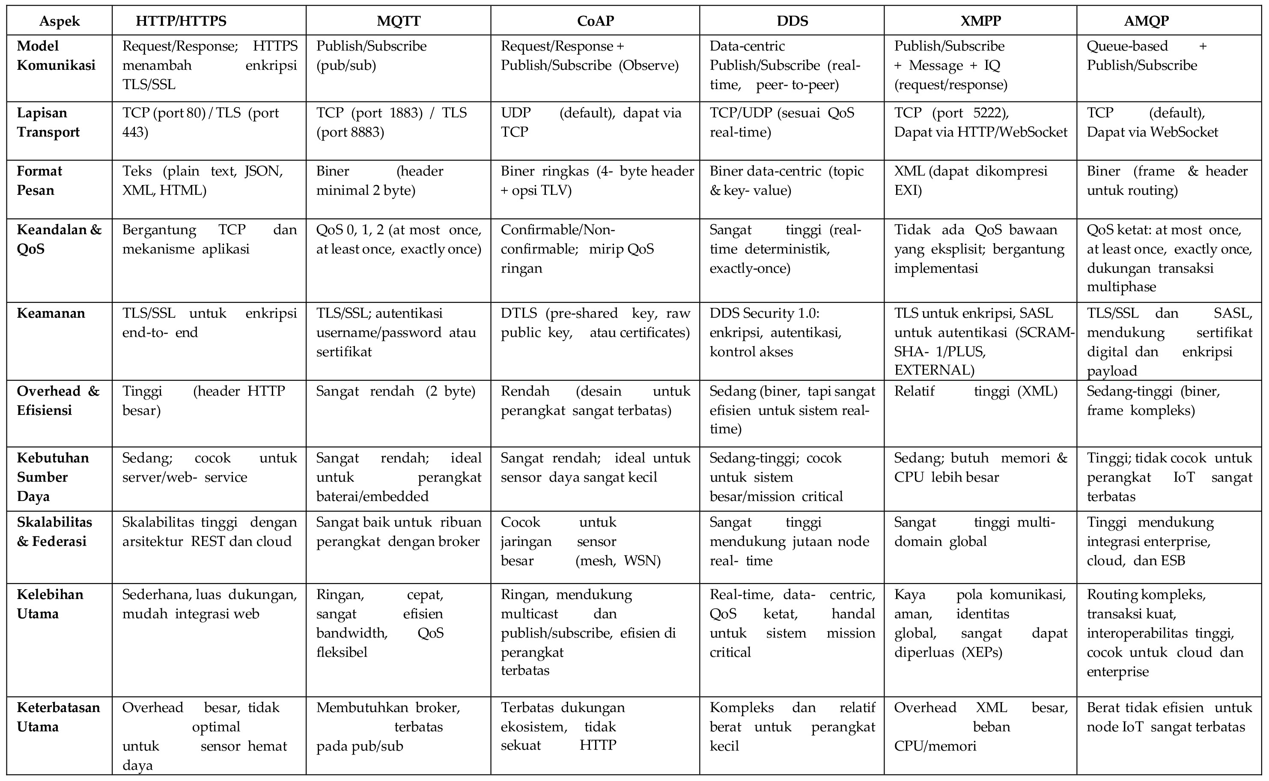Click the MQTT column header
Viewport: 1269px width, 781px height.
[x=398, y=21]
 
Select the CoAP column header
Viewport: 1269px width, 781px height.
[x=595, y=21]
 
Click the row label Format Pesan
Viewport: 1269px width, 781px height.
[x=39, y=181]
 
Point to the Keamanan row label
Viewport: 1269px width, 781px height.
[x=51, y=313]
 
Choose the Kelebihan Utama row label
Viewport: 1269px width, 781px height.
[x=50, y=604]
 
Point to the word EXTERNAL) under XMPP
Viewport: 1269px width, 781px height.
[x=934, y=370]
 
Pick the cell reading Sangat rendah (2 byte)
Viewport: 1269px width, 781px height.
[x=396, y=391]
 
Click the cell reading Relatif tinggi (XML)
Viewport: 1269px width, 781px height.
[x=976, y=391]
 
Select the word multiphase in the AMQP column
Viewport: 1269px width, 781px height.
[x=1121, y=287]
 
